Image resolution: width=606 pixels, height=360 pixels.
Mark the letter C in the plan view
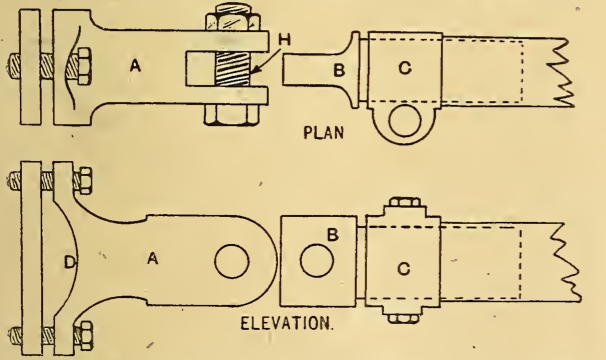pos(404,70)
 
